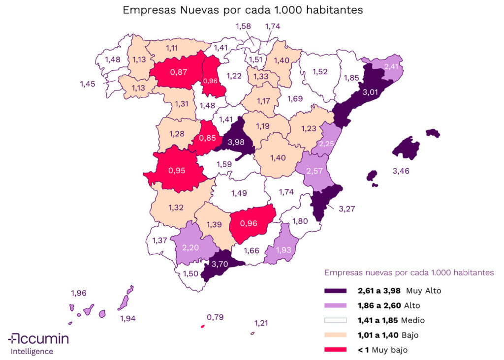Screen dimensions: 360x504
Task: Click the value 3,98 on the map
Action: click(x=233, y=143)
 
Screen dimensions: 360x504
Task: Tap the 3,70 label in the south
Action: click(x=220, y=264)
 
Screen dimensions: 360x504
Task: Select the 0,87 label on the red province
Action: click(x=178, y=72)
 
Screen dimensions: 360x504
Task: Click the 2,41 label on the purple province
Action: click(x=391, y=66)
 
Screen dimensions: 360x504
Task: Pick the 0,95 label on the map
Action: click(x=177, y=171)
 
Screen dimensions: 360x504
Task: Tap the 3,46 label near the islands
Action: click(x=401, y=171)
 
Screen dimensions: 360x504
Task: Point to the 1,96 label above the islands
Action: click(x=79, y=293)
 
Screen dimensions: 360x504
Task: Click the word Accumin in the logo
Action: click(x=44, y=339)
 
